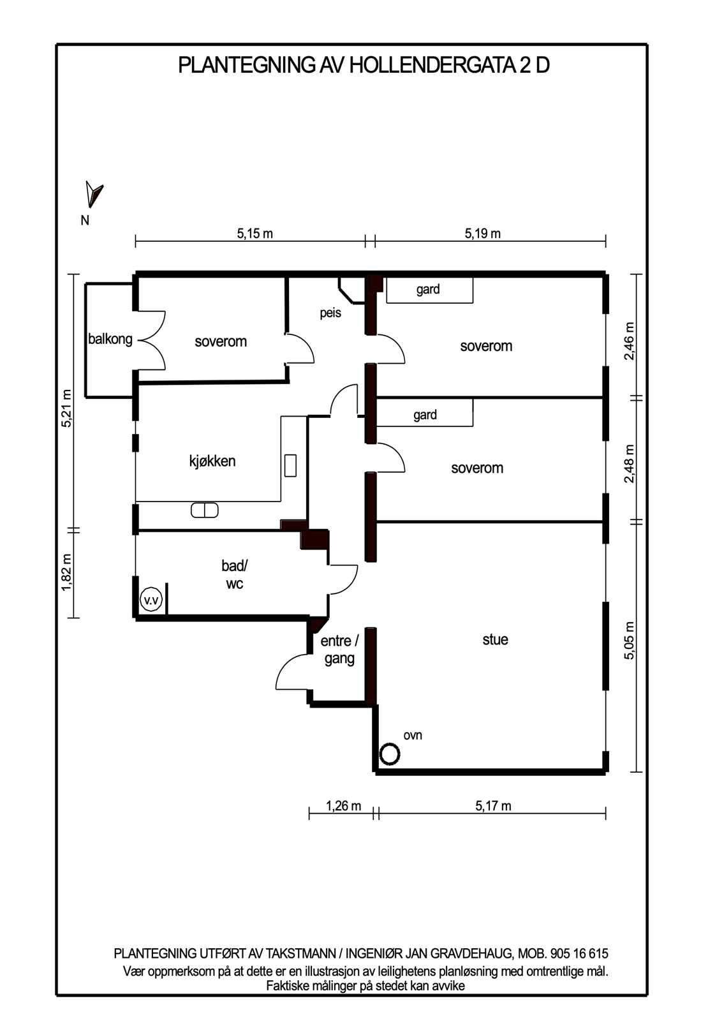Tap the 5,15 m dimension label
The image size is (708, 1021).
tap(254, 234)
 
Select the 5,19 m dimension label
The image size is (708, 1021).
tap(482, 234)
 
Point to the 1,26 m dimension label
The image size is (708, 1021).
tap(343, 806)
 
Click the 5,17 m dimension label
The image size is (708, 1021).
tap(493, 806)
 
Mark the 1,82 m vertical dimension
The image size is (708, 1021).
tap(66, 572)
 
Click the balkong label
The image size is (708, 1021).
tap(110, 339)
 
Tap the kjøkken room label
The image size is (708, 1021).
tap(212, 461)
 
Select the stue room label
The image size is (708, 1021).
tap(495, 639)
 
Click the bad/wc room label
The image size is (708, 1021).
tap(234, 574)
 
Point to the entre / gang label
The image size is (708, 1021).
tap(339, 650)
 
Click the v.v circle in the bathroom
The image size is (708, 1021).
tap(151, 600)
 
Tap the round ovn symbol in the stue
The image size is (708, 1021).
tap(389, 754)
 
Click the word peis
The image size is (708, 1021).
tap(330, 313)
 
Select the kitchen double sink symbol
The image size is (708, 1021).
tap(205, 510)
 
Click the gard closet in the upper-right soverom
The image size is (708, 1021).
tap(429, 290)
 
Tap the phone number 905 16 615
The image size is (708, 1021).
tap(579, 953)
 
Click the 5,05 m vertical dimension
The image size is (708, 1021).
tap(630, 640)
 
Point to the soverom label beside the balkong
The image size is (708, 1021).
tap(221, 341)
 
